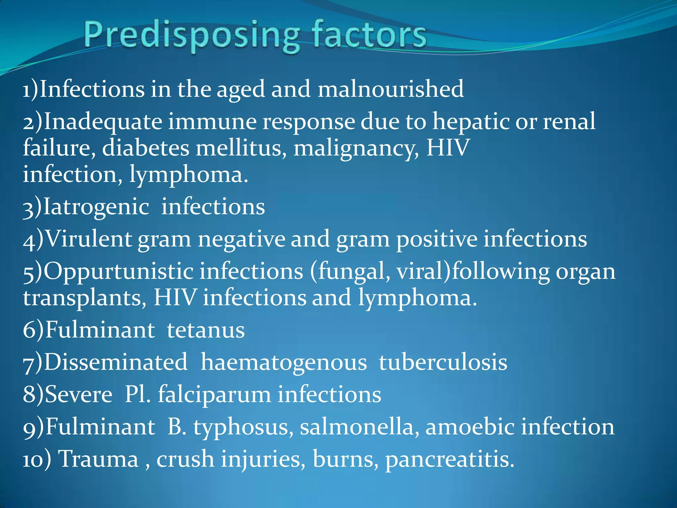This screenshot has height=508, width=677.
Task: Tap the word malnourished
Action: (x=391, y=89)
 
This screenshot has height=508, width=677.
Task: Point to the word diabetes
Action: (x=145, y=148)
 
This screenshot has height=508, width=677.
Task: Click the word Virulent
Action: (x=88, y=239)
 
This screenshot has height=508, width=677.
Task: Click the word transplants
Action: (x=85, y=298)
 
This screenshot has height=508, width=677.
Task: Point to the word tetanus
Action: (x=206, y=330)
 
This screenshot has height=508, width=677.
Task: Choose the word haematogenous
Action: (x=284, y=362)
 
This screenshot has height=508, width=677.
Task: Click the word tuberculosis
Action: (x=443, y=362)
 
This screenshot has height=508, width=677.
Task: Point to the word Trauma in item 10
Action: (x=98, y=459)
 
